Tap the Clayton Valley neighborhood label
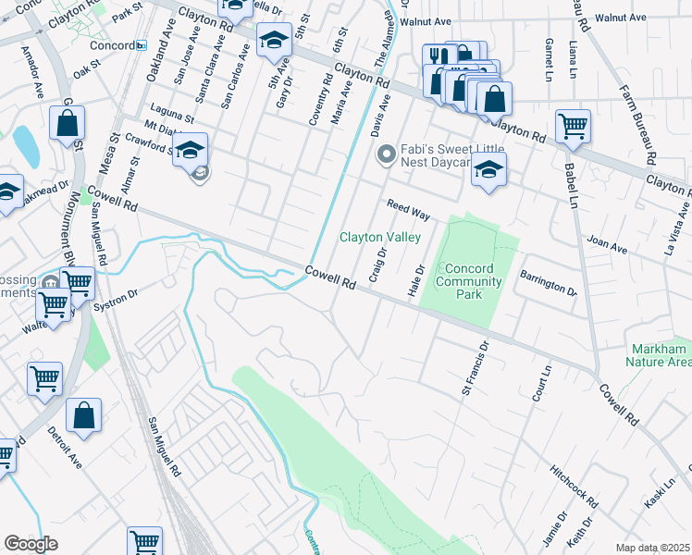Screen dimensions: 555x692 [380, 237]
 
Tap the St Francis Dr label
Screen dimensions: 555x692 [473, 368]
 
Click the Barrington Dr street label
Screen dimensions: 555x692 [547, 282]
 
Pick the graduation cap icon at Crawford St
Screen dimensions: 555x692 [190, 149]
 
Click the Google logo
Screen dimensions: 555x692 [31, 544]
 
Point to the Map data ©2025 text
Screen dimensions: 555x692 [651, 548]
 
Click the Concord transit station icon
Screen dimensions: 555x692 [141, 45]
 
